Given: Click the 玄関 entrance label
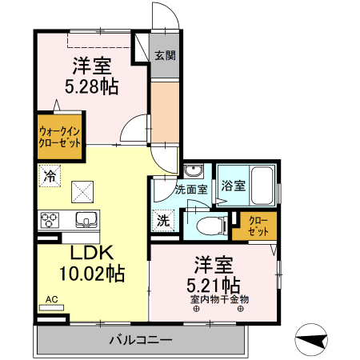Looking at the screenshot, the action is [x=165, y=55].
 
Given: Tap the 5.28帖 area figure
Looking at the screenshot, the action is [x=91, y=86].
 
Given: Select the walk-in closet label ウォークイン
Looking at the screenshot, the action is [x=60, y=131].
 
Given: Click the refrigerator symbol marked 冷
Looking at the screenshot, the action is [x=50, y=176].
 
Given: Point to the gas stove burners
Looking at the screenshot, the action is [x=50, y=220].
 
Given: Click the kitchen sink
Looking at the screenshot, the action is [x=87, y=220].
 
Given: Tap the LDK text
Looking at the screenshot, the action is [x=92, y=252].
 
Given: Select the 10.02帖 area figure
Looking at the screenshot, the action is [x=92, y=274].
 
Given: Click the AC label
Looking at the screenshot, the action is [x=51, y=299].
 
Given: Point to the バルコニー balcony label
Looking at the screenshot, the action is [x=141, y=340].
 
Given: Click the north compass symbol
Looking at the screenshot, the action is [x=311, y=340].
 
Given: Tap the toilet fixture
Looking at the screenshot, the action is [x=212, y=226].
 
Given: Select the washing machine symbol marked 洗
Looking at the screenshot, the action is [x=163, y=221].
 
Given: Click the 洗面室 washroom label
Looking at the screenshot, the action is [x=191, y=190].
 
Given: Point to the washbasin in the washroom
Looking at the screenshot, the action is [x=194, y=170].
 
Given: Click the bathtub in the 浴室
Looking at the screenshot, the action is [x=262, y=186].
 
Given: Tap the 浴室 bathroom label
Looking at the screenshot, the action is [x=234, y=186].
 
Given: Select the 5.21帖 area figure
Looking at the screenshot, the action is [x=214, y=286].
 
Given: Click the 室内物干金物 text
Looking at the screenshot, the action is [x=219, y=299].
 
